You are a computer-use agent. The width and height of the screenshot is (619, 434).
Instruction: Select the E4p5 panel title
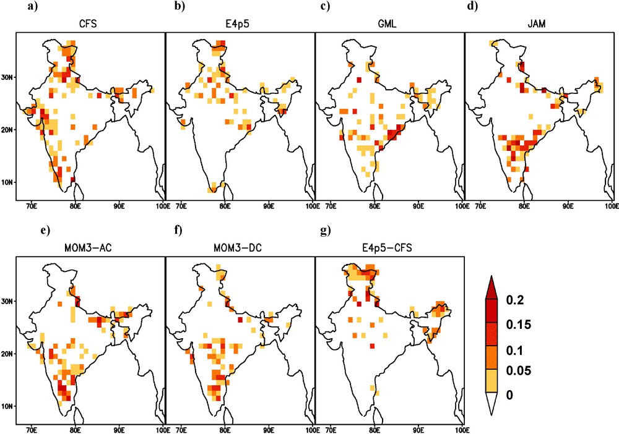coord(240,24)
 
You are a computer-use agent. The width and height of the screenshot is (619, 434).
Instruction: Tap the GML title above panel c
coord(389,24)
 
